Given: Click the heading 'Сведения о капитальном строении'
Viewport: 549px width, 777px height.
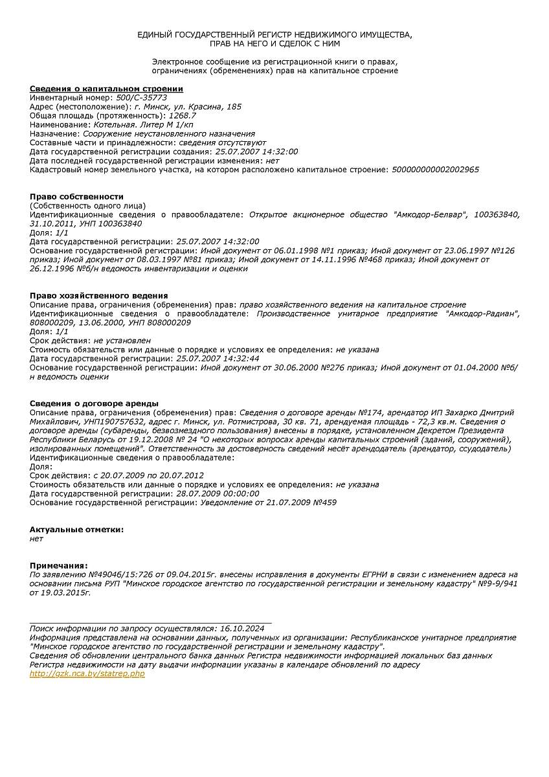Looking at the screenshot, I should click(106, 89).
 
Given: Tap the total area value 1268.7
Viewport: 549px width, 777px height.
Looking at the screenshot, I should click(183, 115).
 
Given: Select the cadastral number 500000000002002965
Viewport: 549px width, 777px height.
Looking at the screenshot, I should click(436, 170).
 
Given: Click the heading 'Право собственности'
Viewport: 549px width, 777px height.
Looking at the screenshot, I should click(76, 197).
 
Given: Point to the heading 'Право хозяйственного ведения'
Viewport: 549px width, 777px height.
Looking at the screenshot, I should click(98, 296).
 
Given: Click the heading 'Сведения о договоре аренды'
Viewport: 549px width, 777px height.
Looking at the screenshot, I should click(94, 403).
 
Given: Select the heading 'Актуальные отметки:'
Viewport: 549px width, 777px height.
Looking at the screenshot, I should click(76, 530).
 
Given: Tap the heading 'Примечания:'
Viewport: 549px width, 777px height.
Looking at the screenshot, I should click(58, 566).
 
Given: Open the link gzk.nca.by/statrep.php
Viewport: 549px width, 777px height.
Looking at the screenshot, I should click(87, 674).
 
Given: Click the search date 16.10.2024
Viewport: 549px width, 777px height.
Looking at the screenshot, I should click(242, 628).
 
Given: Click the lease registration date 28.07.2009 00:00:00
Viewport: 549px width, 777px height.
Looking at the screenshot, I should click(218, 493).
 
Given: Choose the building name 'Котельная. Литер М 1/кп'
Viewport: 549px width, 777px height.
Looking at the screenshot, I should click(143, 124).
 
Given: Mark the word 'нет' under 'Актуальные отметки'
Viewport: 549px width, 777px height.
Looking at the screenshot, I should click(36, 539).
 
